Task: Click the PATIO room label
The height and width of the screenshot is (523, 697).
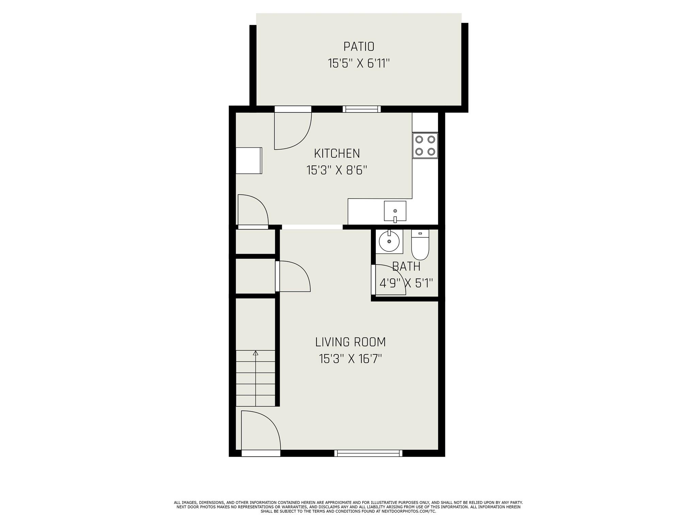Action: coord(359,46)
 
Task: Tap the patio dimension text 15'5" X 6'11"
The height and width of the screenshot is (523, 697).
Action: coord(359,64)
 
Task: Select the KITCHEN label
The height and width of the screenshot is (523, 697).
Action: coord(337,154)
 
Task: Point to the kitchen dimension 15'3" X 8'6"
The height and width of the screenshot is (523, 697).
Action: coord(337,170)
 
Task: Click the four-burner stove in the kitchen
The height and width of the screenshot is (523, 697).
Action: coord(425,145)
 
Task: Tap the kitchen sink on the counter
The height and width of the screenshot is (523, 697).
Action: coord(395,211)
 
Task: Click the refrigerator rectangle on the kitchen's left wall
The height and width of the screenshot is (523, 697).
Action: coord(249,161)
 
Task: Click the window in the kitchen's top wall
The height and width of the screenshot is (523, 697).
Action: coord(361,109)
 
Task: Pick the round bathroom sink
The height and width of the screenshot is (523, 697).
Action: coord(389,241)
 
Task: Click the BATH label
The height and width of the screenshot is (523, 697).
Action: coord(406,267)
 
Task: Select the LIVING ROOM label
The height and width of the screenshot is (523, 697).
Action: coord(350,342)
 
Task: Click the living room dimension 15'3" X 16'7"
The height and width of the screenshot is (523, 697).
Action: coord(350,359)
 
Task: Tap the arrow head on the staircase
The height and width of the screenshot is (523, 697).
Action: coord(256,353)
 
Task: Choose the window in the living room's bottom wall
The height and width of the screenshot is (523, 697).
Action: coord(368,453)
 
